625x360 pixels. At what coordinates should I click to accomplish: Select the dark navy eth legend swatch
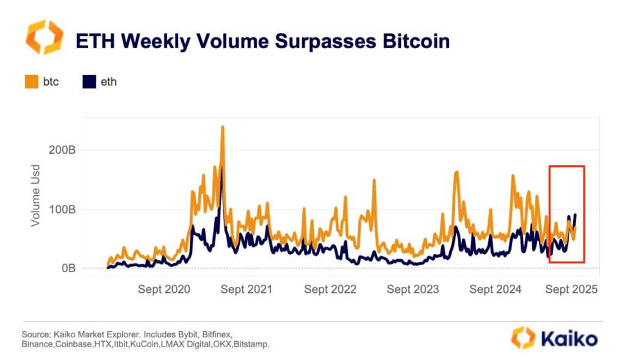(89, 82)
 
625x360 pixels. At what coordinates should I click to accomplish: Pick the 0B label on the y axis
(67, 268)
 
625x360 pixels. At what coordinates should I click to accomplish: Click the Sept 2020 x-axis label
(164, 289)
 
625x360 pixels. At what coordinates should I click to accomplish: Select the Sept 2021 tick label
(247, 289)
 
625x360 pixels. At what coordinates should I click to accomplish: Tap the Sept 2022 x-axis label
(330, 289)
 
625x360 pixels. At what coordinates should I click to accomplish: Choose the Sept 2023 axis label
(413, 289)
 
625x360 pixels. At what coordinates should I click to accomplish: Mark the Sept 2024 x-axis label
(496, 289)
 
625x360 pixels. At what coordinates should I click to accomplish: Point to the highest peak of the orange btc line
(223, 127)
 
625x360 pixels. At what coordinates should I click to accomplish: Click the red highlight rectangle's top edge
(566, 166)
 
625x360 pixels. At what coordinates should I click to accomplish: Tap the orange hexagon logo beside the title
(44, 37)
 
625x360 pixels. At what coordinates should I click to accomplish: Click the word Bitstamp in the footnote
(251, 345)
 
